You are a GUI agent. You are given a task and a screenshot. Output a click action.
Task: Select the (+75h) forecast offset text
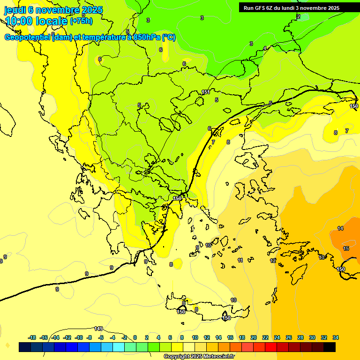tap(81, 21)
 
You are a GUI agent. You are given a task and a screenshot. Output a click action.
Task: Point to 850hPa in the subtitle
tap(143, 37)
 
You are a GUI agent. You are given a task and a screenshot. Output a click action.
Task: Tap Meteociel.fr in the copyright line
tap(217, 357)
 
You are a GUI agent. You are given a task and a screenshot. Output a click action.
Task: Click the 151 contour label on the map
tap(205, 92)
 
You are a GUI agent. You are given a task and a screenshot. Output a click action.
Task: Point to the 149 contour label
tap(98, 329)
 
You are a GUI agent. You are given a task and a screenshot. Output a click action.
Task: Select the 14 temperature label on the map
tap(340, 228)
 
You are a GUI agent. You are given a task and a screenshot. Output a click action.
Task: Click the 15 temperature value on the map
tap(346, 248)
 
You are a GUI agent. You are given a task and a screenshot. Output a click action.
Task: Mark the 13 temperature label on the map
tap(322, 257)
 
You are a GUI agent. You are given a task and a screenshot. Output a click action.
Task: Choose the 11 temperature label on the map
tap(240, 260)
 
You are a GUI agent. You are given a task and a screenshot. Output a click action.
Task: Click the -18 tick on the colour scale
tap(32, 337)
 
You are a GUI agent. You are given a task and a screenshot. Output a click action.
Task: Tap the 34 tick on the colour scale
tap(336, 337)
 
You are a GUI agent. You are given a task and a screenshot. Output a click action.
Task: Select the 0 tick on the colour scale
tap(135, 337)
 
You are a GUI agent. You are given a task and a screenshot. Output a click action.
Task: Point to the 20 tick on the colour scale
tap(254, 337)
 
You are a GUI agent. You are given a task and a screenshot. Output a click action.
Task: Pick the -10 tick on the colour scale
tap(79, 337)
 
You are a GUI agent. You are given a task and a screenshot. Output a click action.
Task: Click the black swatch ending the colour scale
tap(330, 347)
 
